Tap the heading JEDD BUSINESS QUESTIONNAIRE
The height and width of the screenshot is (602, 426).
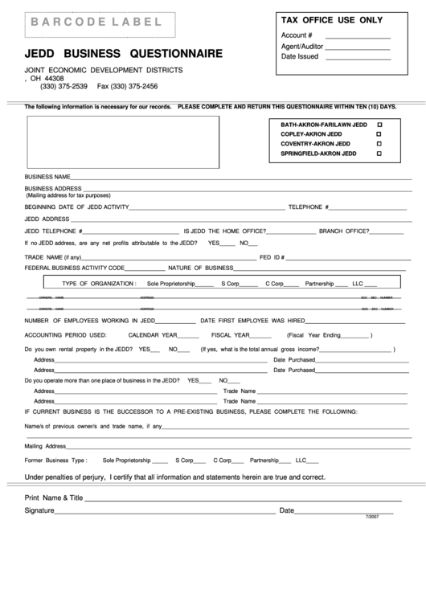(124, 54)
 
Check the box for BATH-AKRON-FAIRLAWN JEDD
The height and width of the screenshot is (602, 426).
(379, 125)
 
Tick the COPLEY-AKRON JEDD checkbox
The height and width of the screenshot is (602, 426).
(379, 134)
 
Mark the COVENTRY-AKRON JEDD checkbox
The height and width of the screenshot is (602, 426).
(379, 144)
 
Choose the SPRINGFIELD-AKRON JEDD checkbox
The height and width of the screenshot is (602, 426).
(379, 153)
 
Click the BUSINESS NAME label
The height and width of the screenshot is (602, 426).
(47, 176)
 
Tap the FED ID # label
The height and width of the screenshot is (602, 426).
(272, 257)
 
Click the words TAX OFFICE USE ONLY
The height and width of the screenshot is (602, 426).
(330, 20)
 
